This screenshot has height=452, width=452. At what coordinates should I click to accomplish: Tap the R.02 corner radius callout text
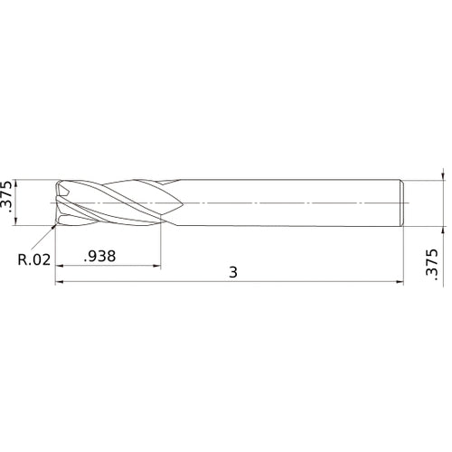click(34, 261)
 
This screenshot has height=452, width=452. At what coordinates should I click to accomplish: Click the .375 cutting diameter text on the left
click(8, 200)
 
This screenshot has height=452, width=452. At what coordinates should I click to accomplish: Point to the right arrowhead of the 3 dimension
click(400, 282)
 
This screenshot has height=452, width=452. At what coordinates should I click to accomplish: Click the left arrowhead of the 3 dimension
click(60, 282)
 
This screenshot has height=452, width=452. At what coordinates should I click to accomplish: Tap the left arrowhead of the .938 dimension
click(60, 267)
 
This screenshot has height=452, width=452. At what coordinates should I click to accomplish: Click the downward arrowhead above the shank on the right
click(442, 176)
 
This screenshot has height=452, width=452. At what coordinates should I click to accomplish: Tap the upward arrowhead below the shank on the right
click(442, 228)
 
